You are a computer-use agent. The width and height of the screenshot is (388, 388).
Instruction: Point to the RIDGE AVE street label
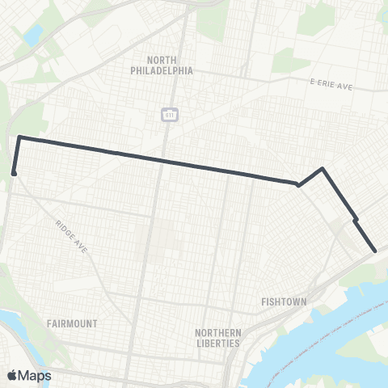pos(72,235)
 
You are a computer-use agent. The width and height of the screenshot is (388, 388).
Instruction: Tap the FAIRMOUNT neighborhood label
pos(72,323)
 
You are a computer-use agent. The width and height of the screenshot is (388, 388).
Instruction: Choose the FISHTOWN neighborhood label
pos(284,302)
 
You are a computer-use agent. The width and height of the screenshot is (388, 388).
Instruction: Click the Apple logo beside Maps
pos(12,376)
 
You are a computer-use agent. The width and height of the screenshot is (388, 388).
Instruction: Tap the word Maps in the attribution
pos(36,376)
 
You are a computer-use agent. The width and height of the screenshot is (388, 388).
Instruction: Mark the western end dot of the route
pos(15,172)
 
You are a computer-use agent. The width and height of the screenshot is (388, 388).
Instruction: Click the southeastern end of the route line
pos(375,251)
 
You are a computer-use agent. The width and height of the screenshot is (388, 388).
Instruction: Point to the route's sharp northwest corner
pos(19,137)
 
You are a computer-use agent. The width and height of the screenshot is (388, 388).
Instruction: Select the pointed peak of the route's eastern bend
pos(323,169)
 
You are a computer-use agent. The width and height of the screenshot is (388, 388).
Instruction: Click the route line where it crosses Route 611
pos(165,161)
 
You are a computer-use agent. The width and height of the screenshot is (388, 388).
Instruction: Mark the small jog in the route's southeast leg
pos(355,218)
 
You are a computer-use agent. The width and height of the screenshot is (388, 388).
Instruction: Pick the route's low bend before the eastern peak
pos(298,185)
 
